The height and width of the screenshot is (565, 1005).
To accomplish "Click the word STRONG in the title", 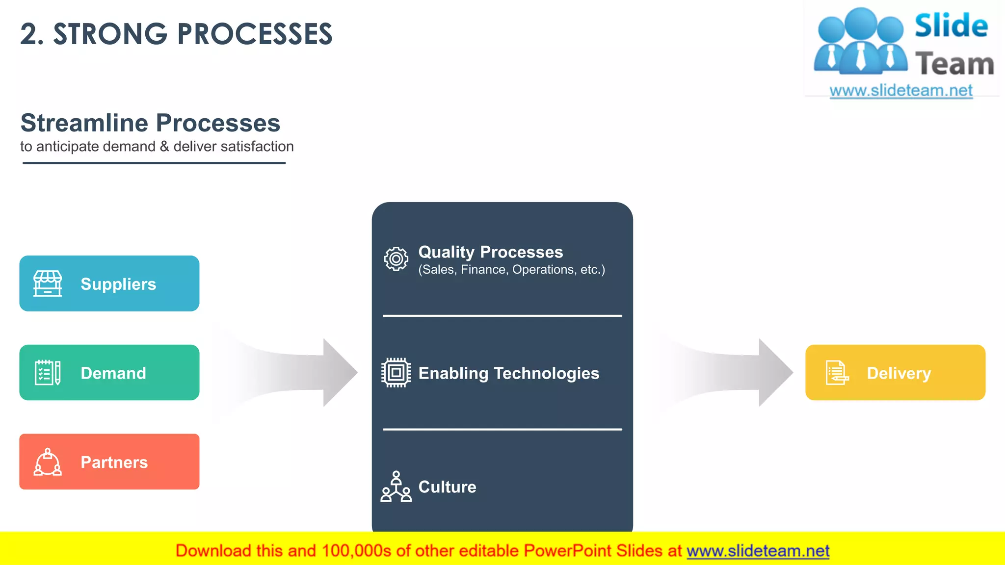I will coord(110,34).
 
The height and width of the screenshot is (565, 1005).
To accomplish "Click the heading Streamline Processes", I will coord(150,123).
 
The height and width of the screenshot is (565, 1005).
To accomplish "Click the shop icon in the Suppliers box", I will coord(48,283).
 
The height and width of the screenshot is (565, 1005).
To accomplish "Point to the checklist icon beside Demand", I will coord(48,373).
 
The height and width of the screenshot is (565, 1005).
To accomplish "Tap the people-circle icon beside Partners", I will coord(48,462).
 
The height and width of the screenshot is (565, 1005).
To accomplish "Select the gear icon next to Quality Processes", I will coord(396,259).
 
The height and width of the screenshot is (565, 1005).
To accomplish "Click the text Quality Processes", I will coord(490,252).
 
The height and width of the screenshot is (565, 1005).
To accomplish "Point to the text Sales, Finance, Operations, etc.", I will coord(511,270).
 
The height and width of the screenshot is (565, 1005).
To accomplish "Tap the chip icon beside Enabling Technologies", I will coord(396,373).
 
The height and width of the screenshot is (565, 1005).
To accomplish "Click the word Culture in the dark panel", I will coord(447,487).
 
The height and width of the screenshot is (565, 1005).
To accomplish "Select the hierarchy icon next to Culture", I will coord(396,487).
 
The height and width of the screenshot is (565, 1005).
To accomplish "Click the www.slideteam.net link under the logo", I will coord(901,91).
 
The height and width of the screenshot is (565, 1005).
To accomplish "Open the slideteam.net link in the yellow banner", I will coord(758,551).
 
